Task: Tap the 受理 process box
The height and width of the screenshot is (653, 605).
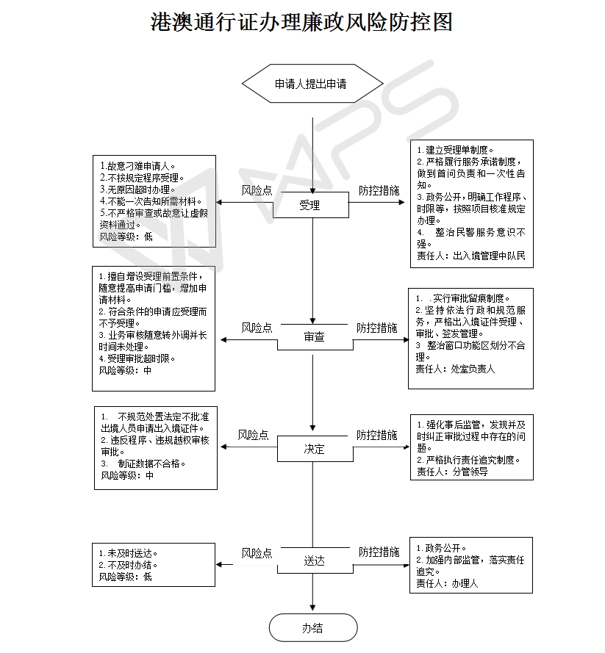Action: [310, 206]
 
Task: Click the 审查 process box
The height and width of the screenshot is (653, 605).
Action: [313, 337]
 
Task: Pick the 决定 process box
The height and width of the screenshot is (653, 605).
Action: [314, 449]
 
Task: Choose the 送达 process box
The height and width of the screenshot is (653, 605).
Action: [314, 560]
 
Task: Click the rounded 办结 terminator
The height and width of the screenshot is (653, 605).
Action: [312, 628]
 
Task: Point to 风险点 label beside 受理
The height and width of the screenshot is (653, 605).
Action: [257, 190]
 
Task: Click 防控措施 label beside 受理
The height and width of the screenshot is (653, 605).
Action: [379, 190]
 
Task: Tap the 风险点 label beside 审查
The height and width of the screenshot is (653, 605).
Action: [257, 328]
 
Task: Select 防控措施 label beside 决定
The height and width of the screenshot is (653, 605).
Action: [377, 435]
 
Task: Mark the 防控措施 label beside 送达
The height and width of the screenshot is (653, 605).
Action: [379, 552]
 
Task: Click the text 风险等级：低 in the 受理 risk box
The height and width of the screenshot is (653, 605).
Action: [126, 237]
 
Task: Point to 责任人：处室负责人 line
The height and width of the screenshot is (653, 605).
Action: [455, 369]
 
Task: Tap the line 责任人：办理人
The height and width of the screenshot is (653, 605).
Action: [446, 583]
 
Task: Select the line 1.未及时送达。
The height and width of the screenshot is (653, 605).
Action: [129, 553]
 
